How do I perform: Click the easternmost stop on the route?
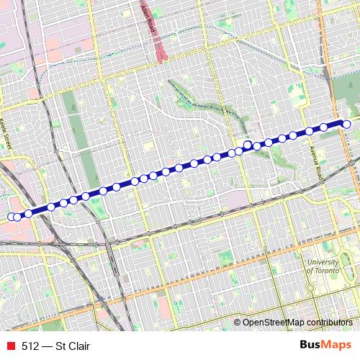[346, 125]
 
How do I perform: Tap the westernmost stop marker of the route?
[11, 217]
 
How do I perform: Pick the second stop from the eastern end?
[324, 127]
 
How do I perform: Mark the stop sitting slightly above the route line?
[247, 145]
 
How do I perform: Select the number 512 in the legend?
[30, 346]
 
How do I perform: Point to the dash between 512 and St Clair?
[48, 346]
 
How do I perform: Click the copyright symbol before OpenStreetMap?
[238, 323]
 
